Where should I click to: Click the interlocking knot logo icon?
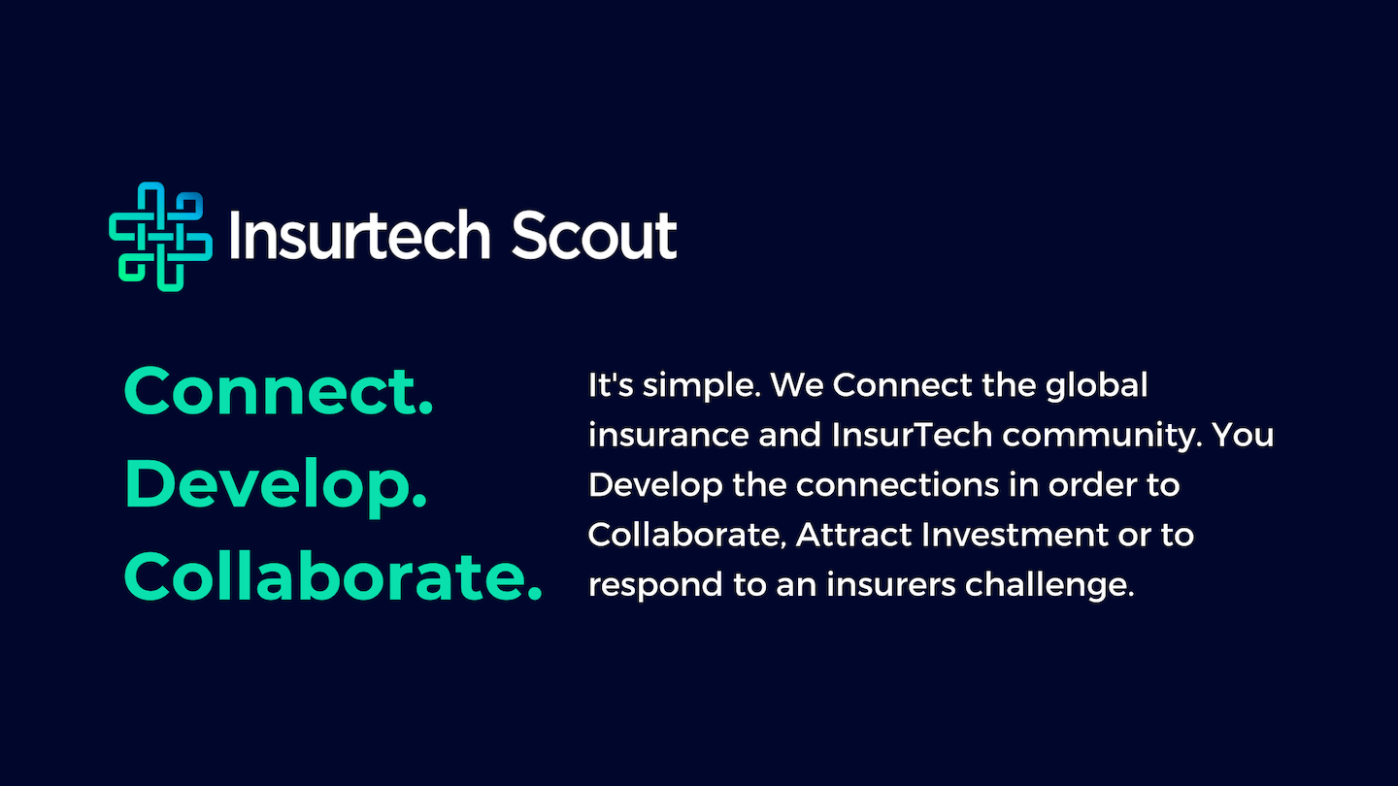[x=160, y=237]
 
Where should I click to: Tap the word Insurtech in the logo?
[x=359, y=235]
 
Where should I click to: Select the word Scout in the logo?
[x=594, y=235]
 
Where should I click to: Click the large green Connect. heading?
[x=279, y=391]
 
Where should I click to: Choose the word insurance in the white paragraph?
[x=668, y=435]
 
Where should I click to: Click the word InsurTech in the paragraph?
[x=912, y=435]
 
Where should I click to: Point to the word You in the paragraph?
[x=1244, y=435]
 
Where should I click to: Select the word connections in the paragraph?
[x=897, y=485]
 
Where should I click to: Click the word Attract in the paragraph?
[x=853, y=535]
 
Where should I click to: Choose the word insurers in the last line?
[x=890, y=584]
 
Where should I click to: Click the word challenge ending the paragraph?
[x=1049, y=586]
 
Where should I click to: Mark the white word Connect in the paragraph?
[x=902, y=385]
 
